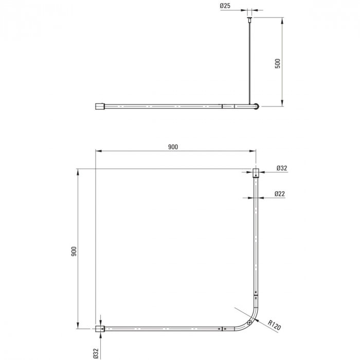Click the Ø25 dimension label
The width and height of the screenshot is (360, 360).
click(225, 6)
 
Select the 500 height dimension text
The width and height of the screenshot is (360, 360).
click(278, 64)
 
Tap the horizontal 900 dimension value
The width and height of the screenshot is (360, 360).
click(173, 147)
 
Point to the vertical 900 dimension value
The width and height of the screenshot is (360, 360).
click(74, 251)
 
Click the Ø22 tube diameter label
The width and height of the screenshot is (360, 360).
click(280, 194)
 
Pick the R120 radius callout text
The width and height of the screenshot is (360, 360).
click(274, 325)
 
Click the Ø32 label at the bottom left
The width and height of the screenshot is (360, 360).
click(96, 353)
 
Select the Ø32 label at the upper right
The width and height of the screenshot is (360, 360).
click(282, 168)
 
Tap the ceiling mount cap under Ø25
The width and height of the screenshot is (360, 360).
click(249, 18)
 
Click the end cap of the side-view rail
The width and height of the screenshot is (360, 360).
click(100, 106)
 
